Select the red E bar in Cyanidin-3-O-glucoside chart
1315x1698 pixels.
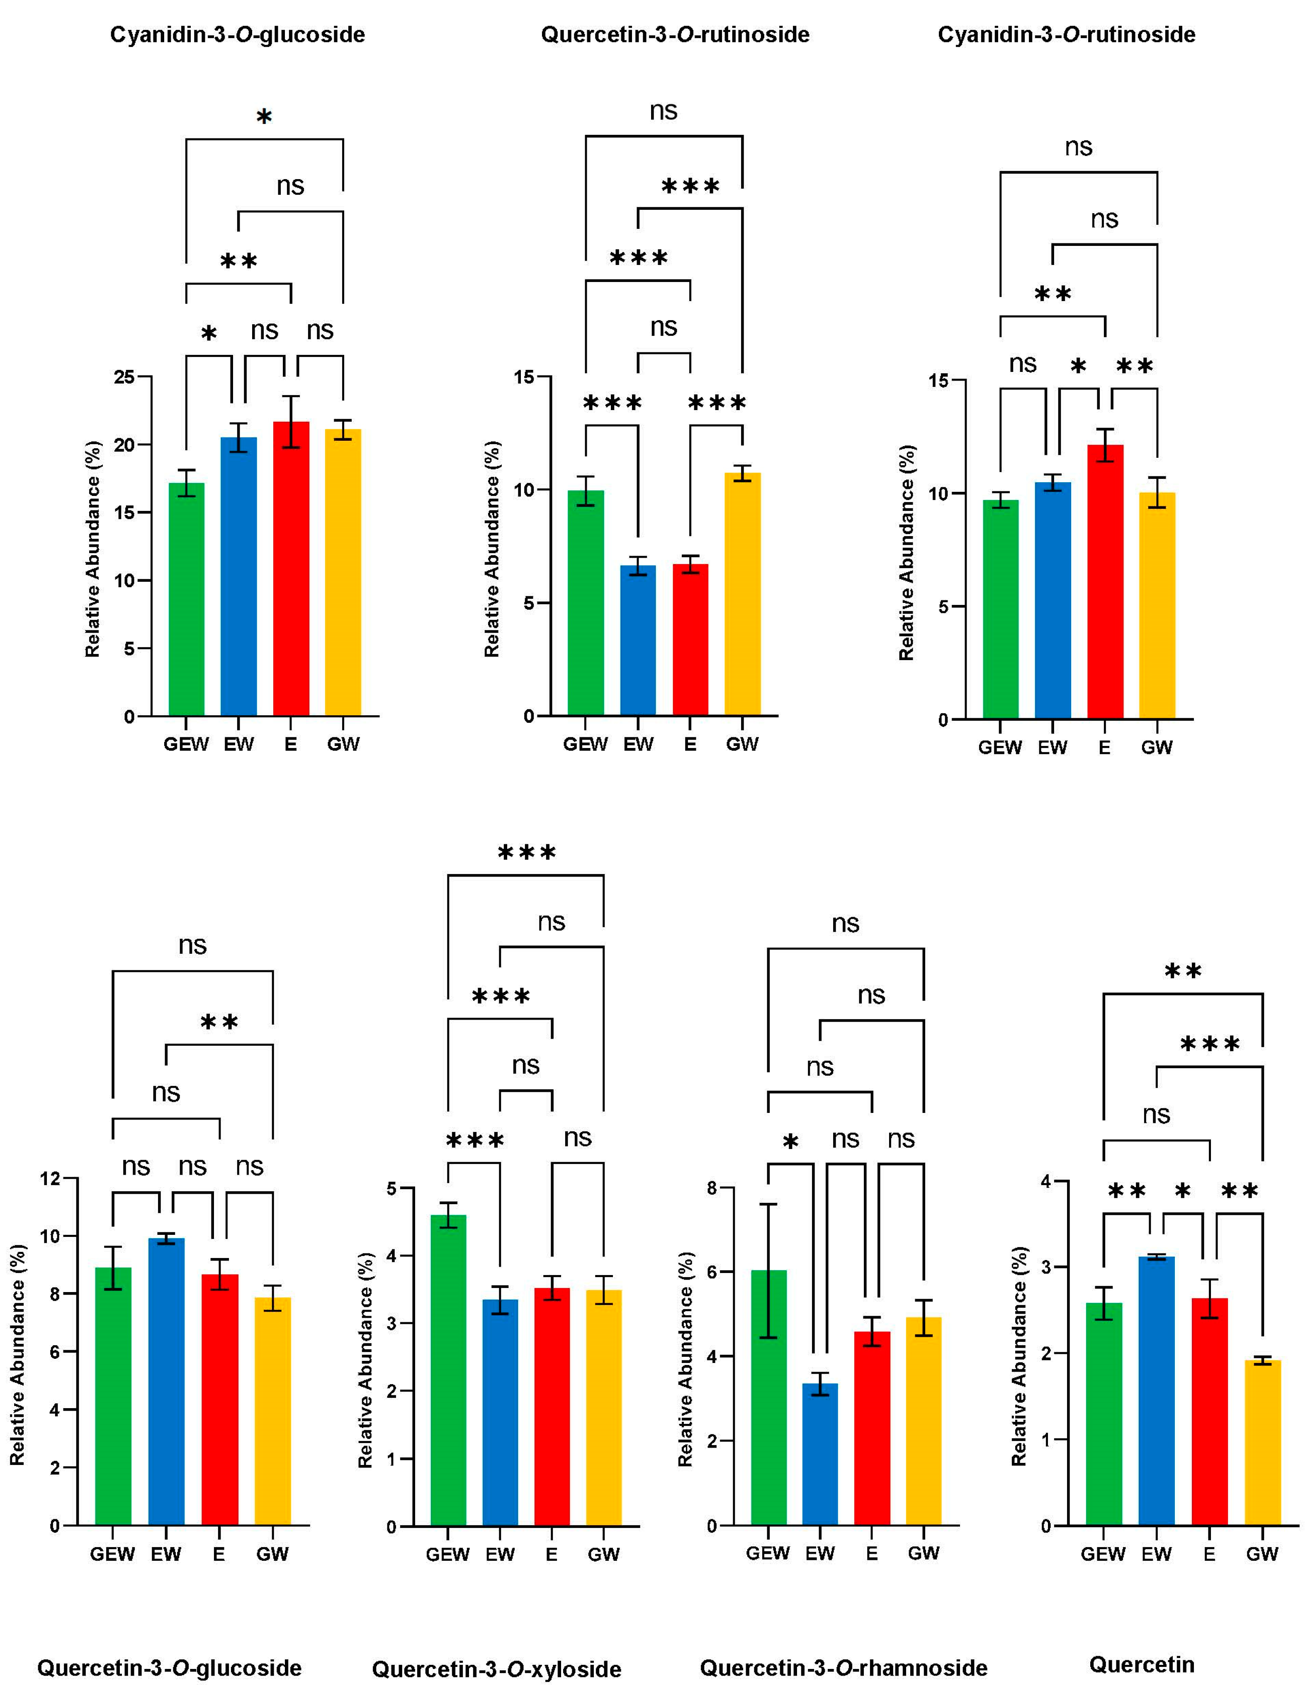291,576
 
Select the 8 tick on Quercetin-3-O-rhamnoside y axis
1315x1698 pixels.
711,1188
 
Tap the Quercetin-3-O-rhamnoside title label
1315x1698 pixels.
844,1668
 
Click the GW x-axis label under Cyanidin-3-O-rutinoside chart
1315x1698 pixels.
1156,747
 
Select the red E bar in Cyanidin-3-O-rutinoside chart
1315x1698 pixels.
1105,583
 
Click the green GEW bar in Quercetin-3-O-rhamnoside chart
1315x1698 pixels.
768,1399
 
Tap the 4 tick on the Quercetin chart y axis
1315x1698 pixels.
1044,1182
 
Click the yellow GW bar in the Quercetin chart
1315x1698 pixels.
1262,1446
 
